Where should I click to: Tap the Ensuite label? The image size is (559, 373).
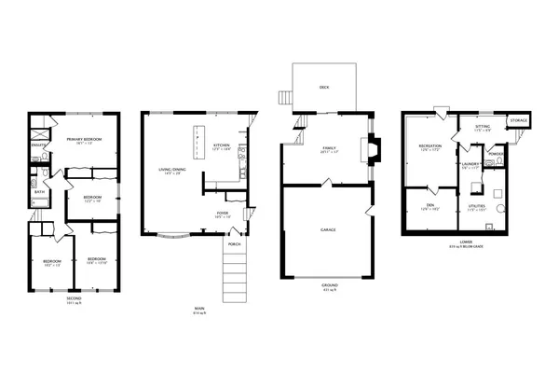[38, 145]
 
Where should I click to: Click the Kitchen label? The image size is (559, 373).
[222, 145]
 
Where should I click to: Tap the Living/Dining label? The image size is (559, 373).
[174, 170]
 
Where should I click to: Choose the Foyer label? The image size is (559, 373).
[224, 213]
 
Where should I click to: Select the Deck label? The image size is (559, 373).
[324, 87]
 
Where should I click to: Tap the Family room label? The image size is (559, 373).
[328, 147]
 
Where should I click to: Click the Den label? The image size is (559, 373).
[429, 206]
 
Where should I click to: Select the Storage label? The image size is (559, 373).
[518, 120]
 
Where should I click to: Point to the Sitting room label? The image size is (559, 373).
[482, 126]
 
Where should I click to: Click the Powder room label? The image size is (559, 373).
[497, 154]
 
